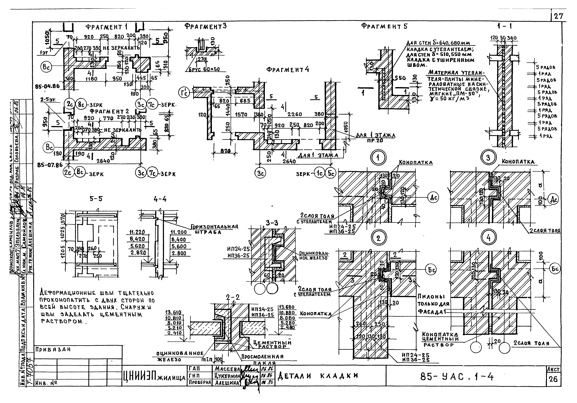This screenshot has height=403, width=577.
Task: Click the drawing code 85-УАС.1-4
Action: coord(457,377)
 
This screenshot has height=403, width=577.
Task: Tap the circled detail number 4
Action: coord(489,238)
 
